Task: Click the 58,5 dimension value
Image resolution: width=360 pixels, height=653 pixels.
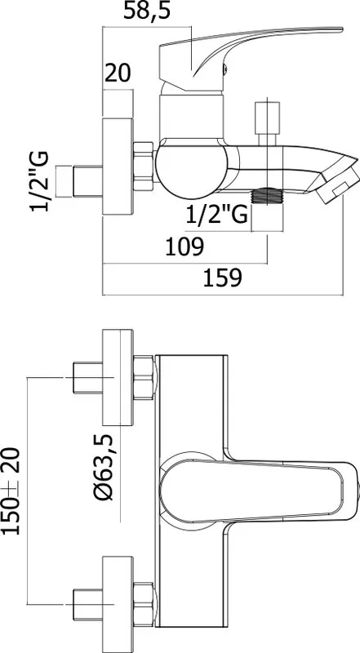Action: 147,11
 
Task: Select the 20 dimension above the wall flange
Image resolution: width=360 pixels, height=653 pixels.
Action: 117,73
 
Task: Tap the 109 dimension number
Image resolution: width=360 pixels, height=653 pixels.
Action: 184,247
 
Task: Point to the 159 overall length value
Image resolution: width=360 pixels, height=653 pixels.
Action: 222,278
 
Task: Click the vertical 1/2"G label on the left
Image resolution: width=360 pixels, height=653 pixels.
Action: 39,181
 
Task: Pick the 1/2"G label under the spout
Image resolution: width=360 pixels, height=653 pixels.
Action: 216,215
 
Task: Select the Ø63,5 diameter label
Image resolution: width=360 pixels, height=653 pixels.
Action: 104,466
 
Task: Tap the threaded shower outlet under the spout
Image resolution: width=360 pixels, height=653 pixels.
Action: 267,196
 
